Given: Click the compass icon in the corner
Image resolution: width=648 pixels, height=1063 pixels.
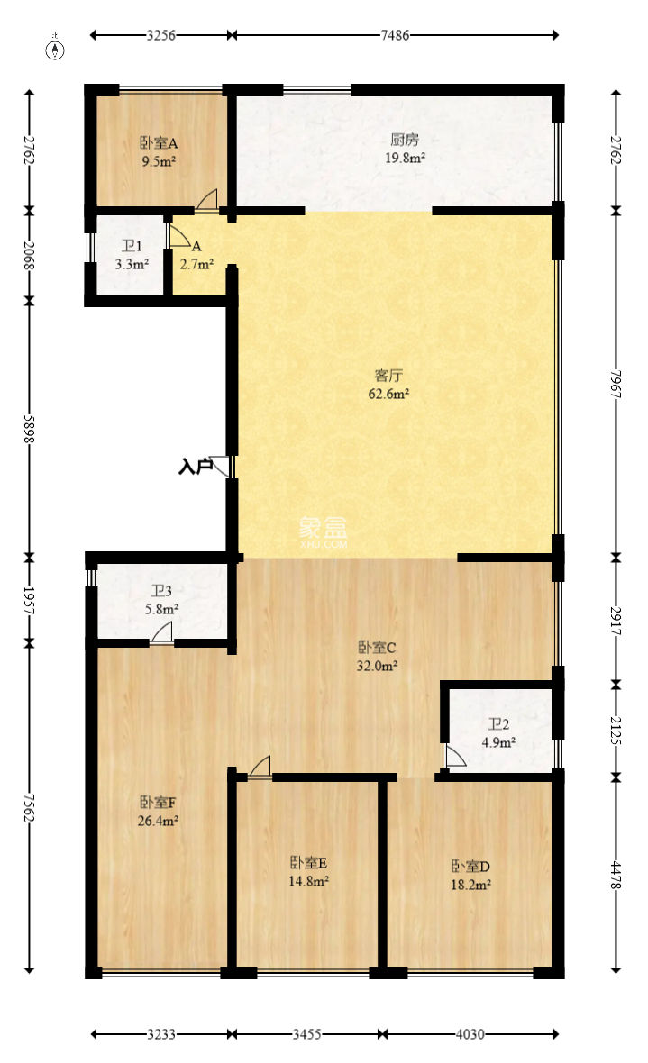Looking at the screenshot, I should pos(56,48).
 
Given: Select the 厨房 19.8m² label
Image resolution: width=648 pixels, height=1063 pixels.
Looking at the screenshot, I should pos(405,148).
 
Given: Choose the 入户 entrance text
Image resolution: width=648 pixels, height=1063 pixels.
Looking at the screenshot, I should pos(194,467).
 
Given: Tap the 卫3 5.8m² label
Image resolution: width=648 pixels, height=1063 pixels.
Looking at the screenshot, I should pos(163,599).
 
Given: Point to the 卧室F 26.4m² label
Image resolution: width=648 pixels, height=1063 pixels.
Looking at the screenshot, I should pos(159,811).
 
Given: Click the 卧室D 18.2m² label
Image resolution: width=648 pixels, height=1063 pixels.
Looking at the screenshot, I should pos(470,875).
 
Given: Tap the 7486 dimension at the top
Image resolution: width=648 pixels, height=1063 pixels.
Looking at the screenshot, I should pos(395,35).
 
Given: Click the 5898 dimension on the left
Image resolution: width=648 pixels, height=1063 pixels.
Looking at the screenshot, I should pos(30,425).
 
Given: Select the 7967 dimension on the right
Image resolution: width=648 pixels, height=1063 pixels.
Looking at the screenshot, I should pos(616,386).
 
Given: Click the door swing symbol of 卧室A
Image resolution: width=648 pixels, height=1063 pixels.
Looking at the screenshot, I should pos(207,201).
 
